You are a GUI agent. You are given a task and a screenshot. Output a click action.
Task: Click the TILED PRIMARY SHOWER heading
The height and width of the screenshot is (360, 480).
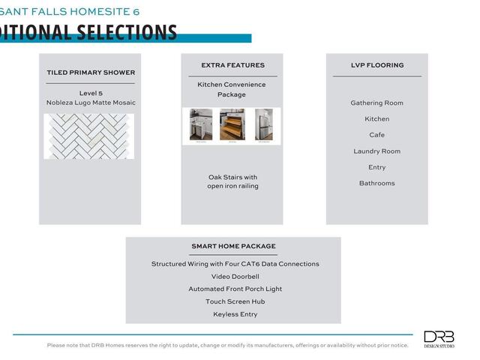[x=91, y=73]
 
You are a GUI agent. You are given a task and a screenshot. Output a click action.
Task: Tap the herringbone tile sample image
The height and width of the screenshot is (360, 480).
[x=88, y=136]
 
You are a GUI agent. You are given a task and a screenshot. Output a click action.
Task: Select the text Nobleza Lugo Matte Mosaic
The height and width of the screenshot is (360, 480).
[x=91, y=103]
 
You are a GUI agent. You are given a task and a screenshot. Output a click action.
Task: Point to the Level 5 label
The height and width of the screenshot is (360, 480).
[x=91, y=93]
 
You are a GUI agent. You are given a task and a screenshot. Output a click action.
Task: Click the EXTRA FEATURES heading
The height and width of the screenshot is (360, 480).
[x=232, y=65]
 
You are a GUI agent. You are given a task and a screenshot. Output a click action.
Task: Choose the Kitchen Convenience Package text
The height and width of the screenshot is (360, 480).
[x=232, y=89]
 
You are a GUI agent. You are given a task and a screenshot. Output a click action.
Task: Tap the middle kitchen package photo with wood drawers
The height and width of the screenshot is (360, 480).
[x=232, y=125]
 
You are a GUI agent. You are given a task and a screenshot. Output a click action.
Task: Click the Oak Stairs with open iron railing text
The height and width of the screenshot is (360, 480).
[x=232, y=181]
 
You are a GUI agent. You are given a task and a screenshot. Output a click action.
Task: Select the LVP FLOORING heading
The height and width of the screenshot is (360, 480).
[x=377, y=65]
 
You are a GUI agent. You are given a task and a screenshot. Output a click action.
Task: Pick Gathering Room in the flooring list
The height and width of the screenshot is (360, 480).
[x=377, y=103]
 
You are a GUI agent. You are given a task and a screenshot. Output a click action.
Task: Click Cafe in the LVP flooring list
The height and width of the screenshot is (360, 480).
[x=377, y=135]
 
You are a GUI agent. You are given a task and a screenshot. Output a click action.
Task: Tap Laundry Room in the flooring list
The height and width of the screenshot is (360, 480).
[x=377, y=151]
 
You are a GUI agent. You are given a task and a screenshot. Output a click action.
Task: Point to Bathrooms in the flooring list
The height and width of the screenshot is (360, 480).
[x=377, y=183]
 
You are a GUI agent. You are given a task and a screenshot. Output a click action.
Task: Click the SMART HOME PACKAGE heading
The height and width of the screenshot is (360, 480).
[x=233, y=246]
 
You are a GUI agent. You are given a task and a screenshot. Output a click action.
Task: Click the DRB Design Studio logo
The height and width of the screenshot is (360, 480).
[x=439, y=338]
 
